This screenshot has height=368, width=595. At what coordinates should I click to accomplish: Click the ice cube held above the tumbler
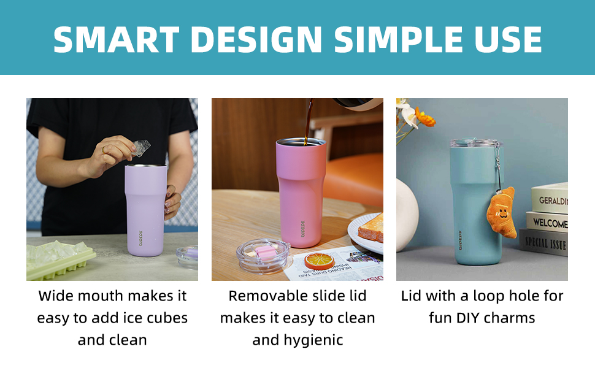click(x=141, y=147)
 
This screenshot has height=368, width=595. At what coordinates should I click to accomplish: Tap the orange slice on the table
click(x=318, y=260)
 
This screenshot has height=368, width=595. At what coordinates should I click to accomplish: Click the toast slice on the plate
click(x=372, y=228)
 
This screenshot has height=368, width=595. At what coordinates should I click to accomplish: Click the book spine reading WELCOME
click(x=548, y=223)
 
